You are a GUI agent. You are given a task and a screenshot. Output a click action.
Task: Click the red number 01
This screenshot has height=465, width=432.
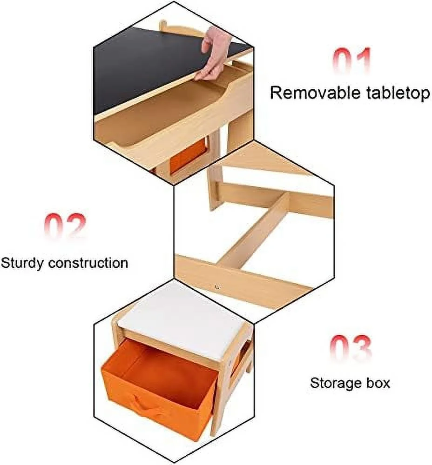(x=352, y=61)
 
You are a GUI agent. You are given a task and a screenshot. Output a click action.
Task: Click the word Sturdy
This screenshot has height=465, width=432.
(x=22, y=263)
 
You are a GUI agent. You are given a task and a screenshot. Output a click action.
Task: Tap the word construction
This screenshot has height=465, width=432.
(x=88, y=263)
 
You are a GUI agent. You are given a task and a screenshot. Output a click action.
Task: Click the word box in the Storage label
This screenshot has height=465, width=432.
(x=377, y=383)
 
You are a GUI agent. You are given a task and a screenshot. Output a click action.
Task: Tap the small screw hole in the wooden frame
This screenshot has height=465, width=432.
(x=218, y=286)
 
